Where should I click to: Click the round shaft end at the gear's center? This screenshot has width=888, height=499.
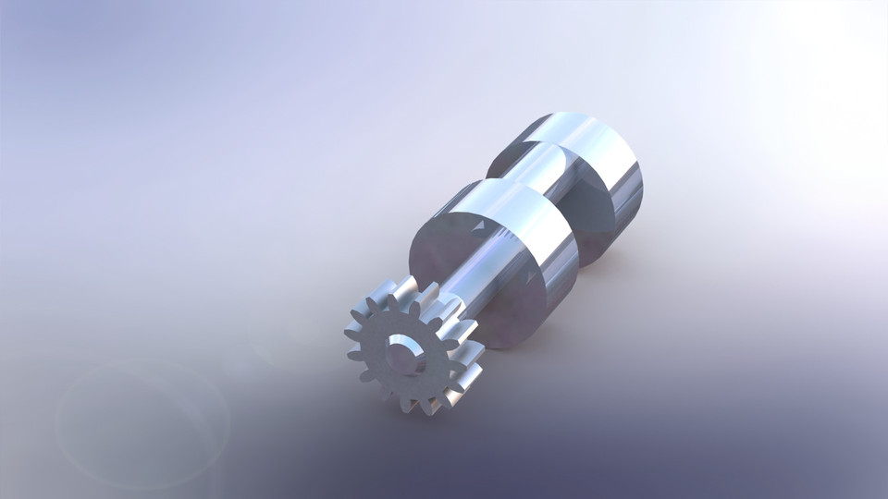401,355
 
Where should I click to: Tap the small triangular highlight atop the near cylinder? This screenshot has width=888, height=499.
487,225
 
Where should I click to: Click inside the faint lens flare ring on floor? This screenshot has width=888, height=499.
139,425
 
